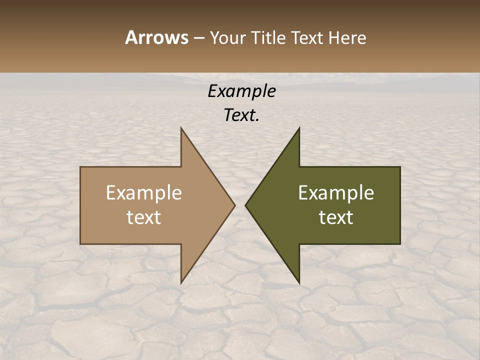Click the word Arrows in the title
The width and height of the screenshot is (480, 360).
point(156,37)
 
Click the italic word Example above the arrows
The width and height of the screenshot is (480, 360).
point(242,91)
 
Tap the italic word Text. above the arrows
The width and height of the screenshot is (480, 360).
point(242,115)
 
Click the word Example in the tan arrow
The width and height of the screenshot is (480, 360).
point(144,192)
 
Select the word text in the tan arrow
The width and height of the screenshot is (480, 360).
point(144,217)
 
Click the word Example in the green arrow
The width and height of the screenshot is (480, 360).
point(336,192)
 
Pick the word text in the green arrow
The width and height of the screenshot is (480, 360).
point(336,217)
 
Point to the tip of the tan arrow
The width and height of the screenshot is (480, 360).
point(235,205)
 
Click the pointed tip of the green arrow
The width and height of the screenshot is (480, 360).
point(245,205)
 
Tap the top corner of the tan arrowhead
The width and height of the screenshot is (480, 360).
point(181,128)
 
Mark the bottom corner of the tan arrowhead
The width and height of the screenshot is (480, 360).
point(181,283)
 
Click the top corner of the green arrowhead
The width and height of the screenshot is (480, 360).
point(299,128)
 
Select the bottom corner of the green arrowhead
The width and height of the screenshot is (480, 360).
point(299,283)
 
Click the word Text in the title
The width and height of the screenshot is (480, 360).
point(306,38)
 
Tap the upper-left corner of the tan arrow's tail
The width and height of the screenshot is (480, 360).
point(80,167)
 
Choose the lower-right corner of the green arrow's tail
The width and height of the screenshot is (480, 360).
point(400,244)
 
